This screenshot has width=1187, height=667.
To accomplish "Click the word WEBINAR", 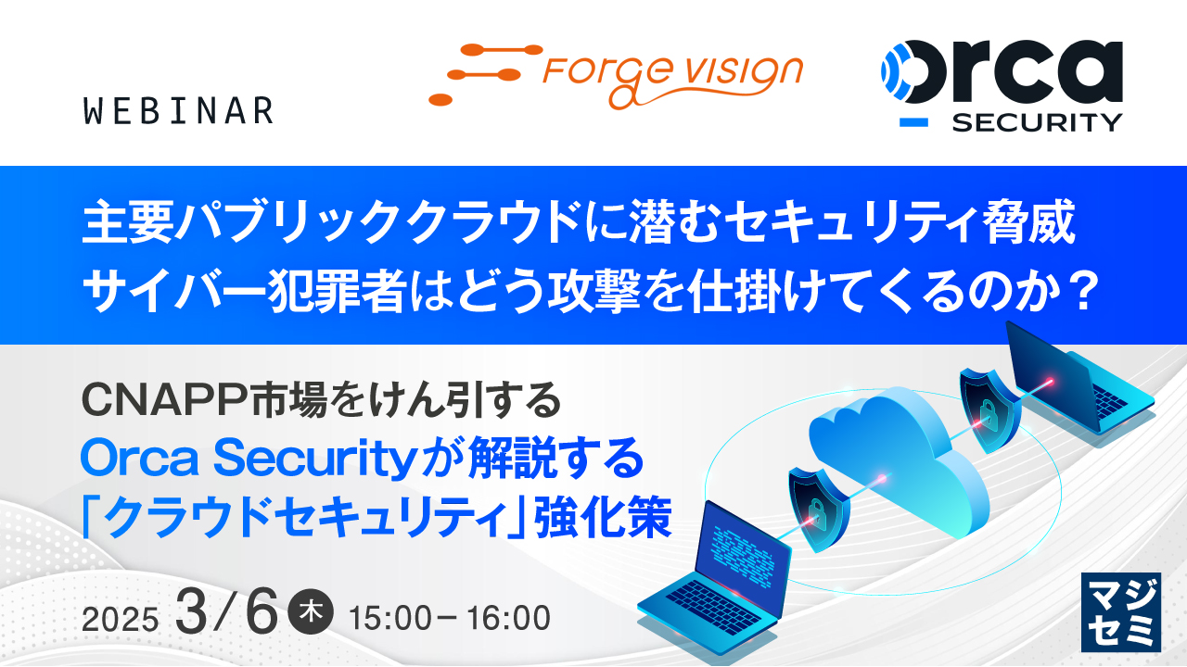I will pos(177,111).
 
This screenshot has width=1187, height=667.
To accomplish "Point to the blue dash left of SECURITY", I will pos(914,121).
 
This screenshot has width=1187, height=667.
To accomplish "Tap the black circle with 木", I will pos(311,614).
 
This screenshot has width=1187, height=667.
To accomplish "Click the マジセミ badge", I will pos(1120,612).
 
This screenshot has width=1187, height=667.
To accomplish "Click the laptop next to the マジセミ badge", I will pos(714,574).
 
